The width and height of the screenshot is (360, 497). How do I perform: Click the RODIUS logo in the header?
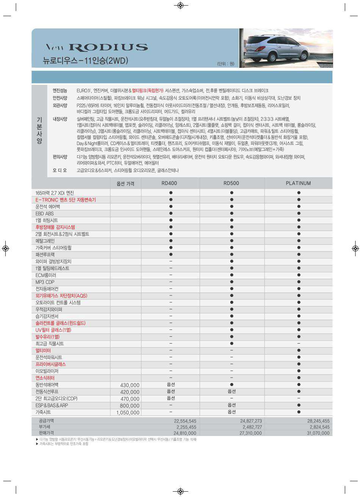pos(97,47)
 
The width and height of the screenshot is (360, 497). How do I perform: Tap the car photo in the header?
pos(286,48)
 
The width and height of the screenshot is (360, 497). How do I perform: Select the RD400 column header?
pos(169,183)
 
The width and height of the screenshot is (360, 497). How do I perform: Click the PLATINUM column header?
pos(298,183)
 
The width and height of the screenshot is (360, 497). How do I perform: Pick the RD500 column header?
pos(231,183)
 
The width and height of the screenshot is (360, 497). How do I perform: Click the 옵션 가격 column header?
pos(125,184)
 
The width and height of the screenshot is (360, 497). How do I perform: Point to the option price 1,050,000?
pos(128,413)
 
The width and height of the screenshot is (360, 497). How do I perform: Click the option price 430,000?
pos(130,385)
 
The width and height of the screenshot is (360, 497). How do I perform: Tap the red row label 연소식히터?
pos(45,378)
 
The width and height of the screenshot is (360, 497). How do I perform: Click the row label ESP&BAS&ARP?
pos(52,405)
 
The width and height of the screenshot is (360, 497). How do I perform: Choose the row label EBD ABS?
pos(45,214)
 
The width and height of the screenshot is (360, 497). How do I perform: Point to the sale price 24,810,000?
pos(185,433)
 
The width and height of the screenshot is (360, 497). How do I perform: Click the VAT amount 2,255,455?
pos(186,427)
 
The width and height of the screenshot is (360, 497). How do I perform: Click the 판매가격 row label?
pos(46,433)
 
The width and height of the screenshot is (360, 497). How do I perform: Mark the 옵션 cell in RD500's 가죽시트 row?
pos(232,412)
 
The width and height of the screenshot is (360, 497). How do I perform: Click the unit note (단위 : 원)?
pos(225,64)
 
